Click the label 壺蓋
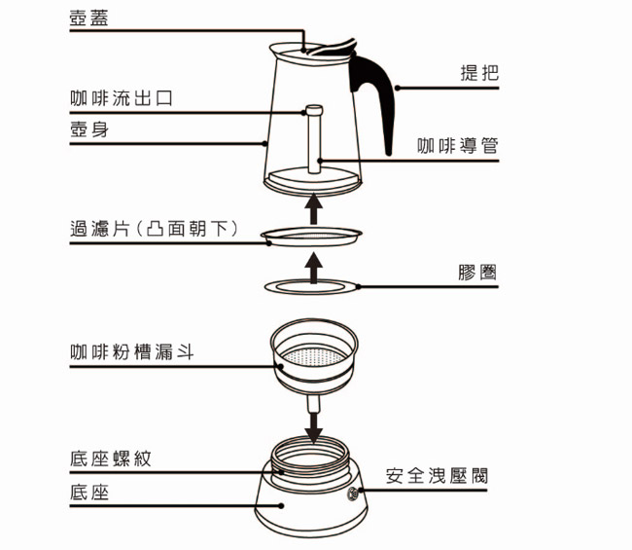tap(89, 18)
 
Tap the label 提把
tap(478, 74)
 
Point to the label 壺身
tap(89, 129)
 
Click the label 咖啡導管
tap(458, 146)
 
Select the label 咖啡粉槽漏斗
tap(131, 351)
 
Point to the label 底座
tap(89, 493)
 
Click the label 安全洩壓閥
tap(437, 476)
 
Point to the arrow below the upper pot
tap(313, 207)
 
